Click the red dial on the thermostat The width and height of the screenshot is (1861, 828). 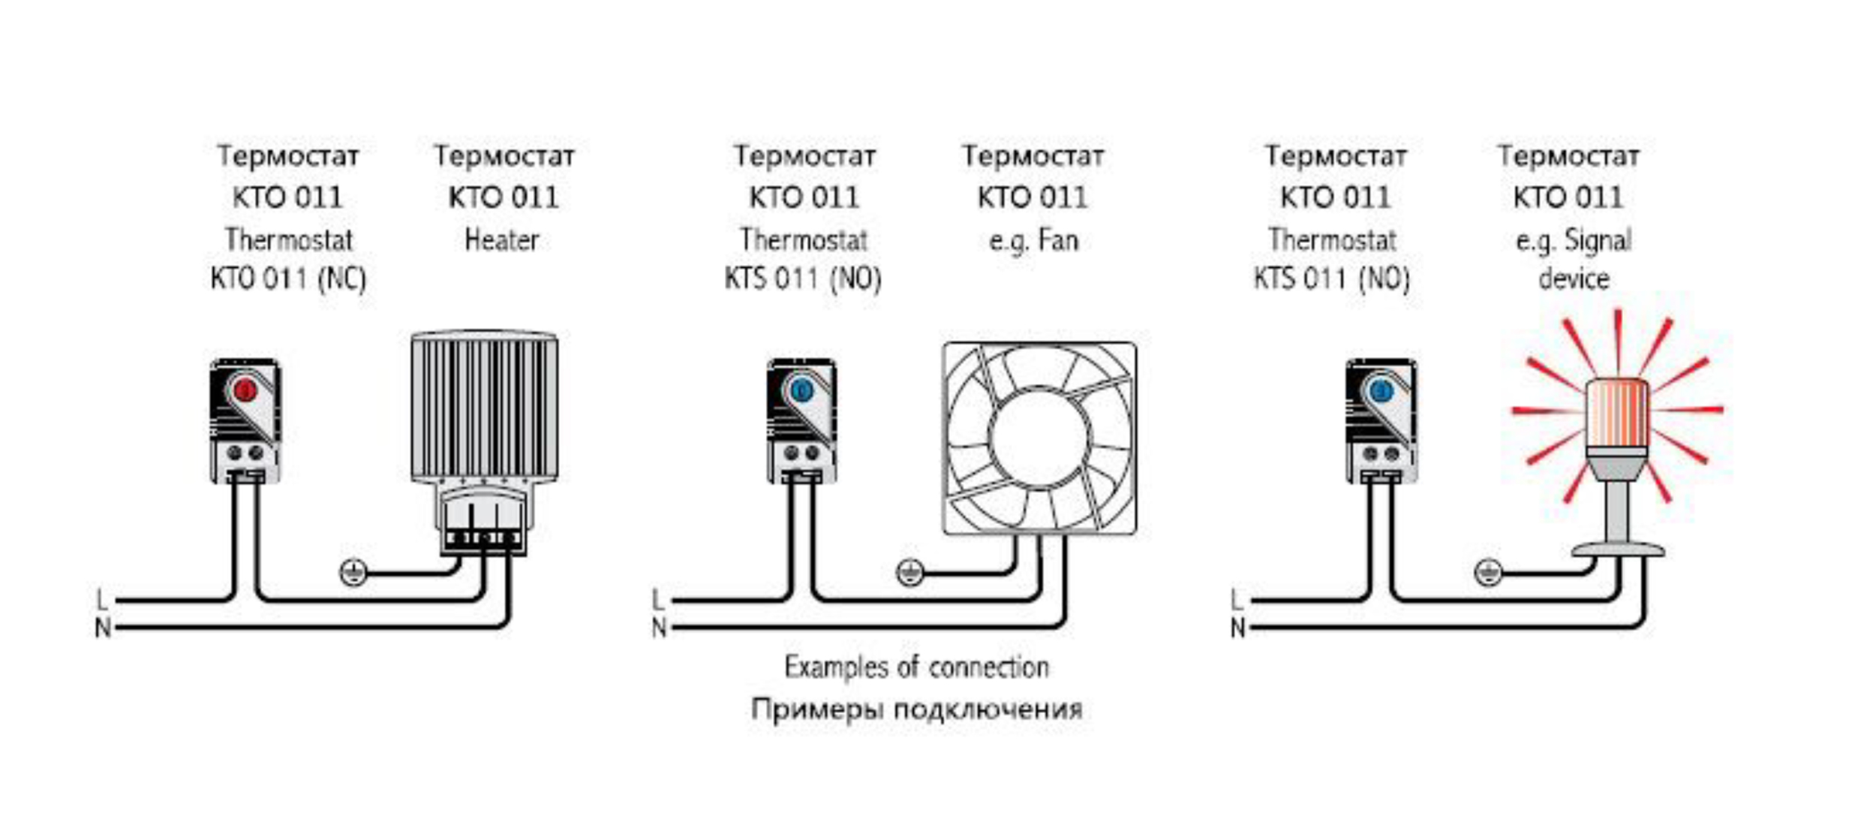(245, 390)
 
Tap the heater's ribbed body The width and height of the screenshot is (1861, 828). (484, 405)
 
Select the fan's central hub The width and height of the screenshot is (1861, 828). (1039, 438)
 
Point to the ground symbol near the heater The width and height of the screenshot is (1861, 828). (353, 573)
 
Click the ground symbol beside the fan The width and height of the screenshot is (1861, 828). (909, 573)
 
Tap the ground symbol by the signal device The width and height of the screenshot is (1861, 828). (1487, 573)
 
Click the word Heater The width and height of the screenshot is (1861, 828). (502, 240)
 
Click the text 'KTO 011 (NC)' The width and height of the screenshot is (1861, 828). (288, 279)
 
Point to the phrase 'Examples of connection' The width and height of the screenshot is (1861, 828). (916, 667)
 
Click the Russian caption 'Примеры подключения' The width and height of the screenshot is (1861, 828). (916, 709)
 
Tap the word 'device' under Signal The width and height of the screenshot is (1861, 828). (1574, 279)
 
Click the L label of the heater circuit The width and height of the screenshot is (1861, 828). (102, 600)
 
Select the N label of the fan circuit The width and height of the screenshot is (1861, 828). (659, 628)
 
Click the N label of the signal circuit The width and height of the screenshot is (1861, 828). (1238, 628)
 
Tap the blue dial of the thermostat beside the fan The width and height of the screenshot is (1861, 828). (801, 390)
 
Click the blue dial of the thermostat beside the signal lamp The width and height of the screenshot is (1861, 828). (1381, 390)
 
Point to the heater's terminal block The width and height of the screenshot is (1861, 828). (483, 537)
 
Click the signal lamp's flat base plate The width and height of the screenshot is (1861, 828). (1618, 550)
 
